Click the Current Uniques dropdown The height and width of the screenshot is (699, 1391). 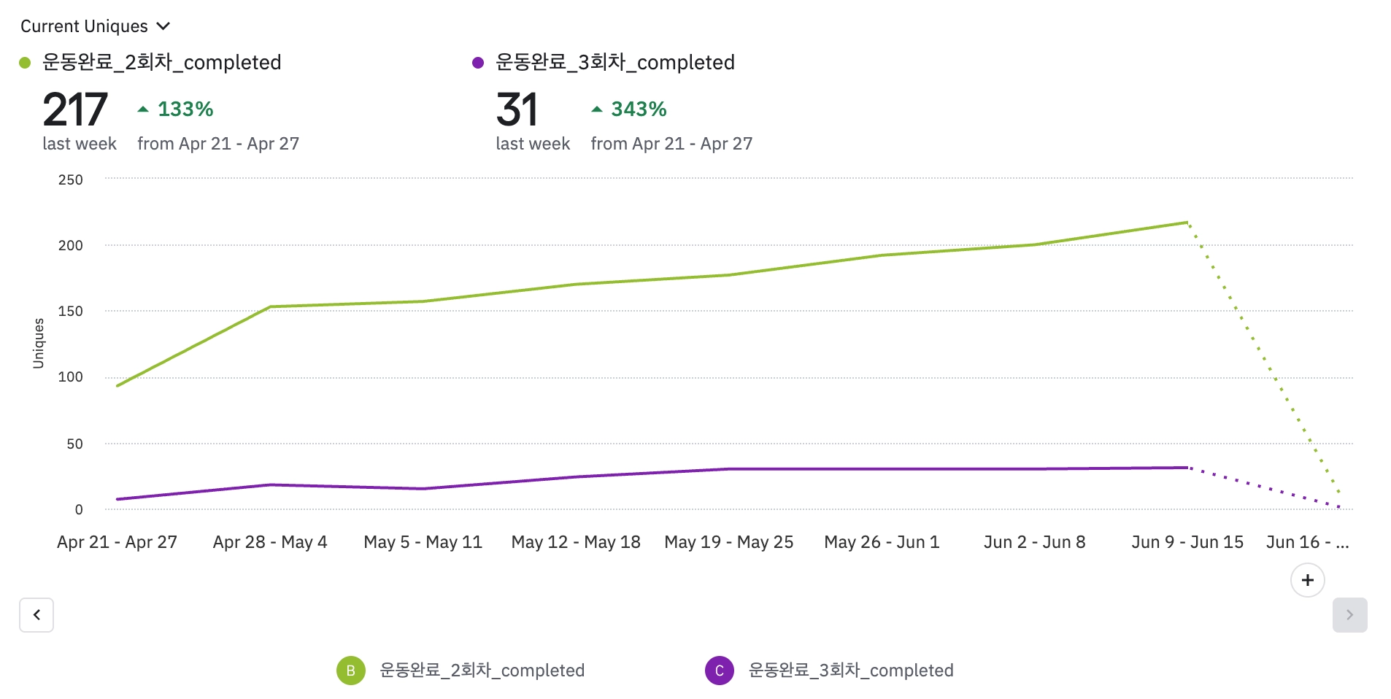(95, 26)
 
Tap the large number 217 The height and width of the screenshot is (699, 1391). (75, 110)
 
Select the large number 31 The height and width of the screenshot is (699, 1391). (517, 110)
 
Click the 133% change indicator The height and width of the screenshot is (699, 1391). (176, 109)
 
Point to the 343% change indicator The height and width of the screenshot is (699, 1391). (629, 109)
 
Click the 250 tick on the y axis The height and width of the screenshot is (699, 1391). (71, 179)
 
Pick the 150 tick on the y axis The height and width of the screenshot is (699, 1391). (71, 311)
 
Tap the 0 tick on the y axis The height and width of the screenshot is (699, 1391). (79, 509)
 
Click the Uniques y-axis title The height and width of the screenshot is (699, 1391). (39, 343)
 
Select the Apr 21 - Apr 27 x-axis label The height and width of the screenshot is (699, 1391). (117, 542)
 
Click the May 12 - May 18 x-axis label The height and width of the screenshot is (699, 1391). (576, 542)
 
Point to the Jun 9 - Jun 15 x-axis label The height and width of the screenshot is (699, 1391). (1187, 542)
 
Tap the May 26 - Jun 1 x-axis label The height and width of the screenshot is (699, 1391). (882, 542)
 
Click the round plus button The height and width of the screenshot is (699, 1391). (1307, 580)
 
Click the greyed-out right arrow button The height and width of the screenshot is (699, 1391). (1349, 615)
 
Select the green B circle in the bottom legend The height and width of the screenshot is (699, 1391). (350, 671)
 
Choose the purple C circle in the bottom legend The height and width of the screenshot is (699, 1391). (719, 671)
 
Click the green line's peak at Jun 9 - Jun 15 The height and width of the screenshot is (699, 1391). (1187, 222)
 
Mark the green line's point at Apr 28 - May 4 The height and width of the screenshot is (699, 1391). (270, 306)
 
